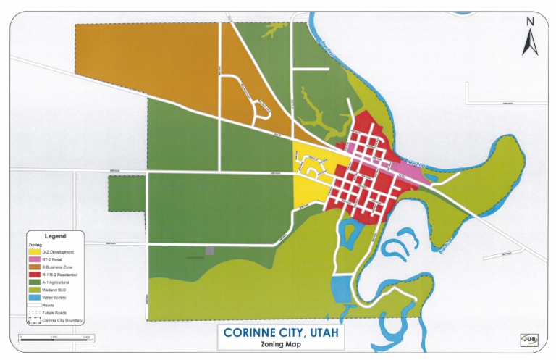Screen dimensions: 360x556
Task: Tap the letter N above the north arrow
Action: (x=530, y=22)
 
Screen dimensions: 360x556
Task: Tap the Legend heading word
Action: (x=55, y=236)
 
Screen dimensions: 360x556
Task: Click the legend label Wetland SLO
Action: (x=57, y=290)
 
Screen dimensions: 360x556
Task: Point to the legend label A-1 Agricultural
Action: (x=59, y=283)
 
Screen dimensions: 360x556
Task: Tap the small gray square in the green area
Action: (x=210, y=250)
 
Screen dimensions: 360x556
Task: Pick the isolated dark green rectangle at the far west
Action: (x=126, y=193)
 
